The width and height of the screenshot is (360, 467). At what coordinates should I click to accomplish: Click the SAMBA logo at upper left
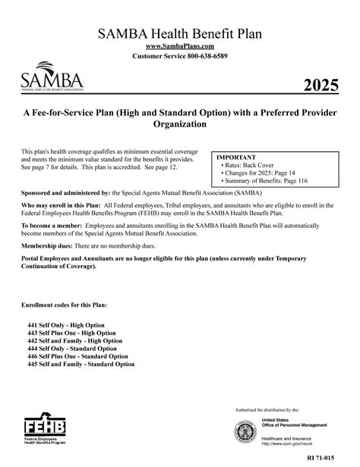(x=52, y=78)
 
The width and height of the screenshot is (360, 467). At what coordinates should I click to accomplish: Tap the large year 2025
(x=320, y=84)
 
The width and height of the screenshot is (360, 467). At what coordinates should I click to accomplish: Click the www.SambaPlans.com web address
(x=179, y=47)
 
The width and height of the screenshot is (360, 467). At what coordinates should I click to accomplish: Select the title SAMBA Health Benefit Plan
(x=179, y=33)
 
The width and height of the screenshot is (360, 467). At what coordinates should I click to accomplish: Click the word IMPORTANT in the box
(x=236, y=157)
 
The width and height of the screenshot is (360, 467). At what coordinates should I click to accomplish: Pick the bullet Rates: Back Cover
(x=249, y=166)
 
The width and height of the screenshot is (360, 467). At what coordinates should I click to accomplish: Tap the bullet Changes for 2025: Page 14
(x=259, y=175)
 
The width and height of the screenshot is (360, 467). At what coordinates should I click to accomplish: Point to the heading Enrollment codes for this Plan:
(x=65, y=304)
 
